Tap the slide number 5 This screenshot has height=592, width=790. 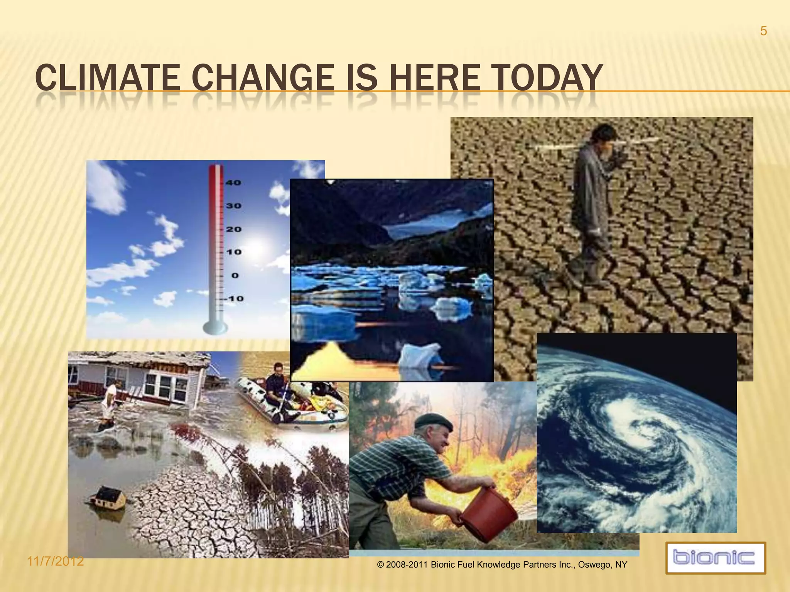[763, 31]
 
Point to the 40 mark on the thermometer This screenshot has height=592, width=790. [233, 183]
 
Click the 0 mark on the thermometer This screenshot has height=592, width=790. [235, 276]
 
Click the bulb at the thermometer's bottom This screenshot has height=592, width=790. [215, 328]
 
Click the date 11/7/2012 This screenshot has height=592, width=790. [56, 561]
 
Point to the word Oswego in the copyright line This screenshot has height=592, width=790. [594, 565]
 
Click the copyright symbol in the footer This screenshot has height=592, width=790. [380, 565]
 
